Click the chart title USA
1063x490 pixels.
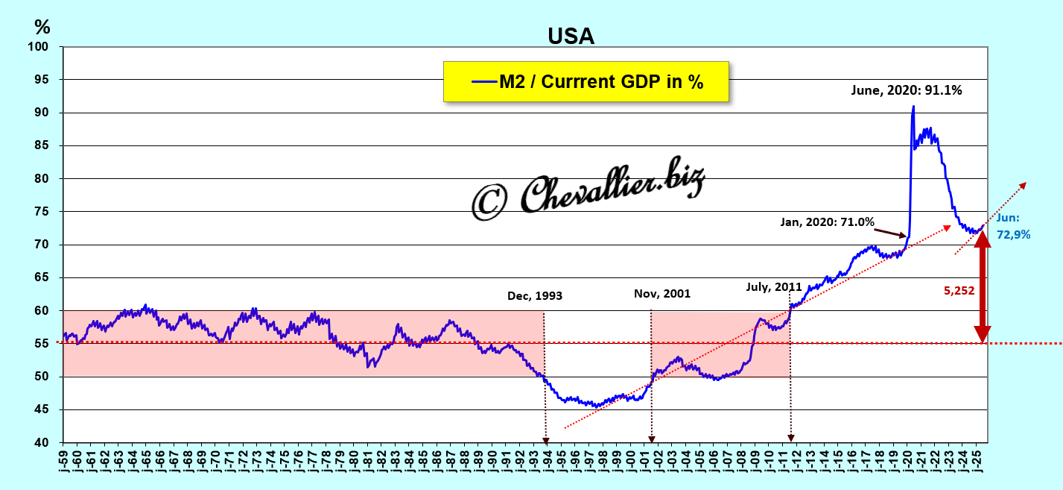(571, 36)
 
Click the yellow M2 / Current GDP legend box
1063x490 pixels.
(586, 81)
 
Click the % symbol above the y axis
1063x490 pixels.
(42, 27)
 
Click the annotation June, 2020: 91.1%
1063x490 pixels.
(907, 91)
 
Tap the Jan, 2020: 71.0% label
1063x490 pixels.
(827, 222)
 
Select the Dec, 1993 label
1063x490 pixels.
(535, 295)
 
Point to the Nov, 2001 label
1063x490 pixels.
(662, 293)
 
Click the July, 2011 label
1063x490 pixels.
(774, 286)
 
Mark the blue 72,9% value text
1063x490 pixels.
(1013, 234)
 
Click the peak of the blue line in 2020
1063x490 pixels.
(913, 107)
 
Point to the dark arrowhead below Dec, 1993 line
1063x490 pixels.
(545, 440)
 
